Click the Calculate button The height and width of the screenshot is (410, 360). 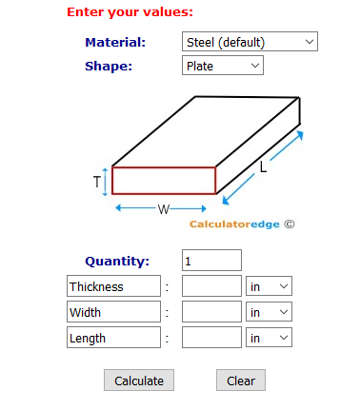(139, 381)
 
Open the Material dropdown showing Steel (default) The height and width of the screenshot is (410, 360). (249, 42)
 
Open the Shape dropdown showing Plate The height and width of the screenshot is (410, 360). (222, 66)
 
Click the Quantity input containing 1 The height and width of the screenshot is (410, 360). (211, 261)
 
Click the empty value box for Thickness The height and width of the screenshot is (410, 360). (211, 286)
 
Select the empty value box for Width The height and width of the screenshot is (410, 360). (211, 312)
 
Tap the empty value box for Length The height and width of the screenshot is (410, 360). (211, 338)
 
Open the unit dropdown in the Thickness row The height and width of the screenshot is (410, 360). (269, 286)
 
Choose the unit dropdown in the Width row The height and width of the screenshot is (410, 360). (269, 312)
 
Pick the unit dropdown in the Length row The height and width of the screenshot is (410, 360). (269, 338)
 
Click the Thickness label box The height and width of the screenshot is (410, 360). (113, 286)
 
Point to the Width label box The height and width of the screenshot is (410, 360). (113, 312)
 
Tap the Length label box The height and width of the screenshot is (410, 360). (113, 338)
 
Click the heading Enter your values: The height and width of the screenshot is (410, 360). (130, 12)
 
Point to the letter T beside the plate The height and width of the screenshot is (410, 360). (97, 181)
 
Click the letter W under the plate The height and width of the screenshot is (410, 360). (163, 209)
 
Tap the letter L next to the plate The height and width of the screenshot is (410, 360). (263, 167)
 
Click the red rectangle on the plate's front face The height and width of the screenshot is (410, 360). (164, 181)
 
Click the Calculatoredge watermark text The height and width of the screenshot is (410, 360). (236, 225)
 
